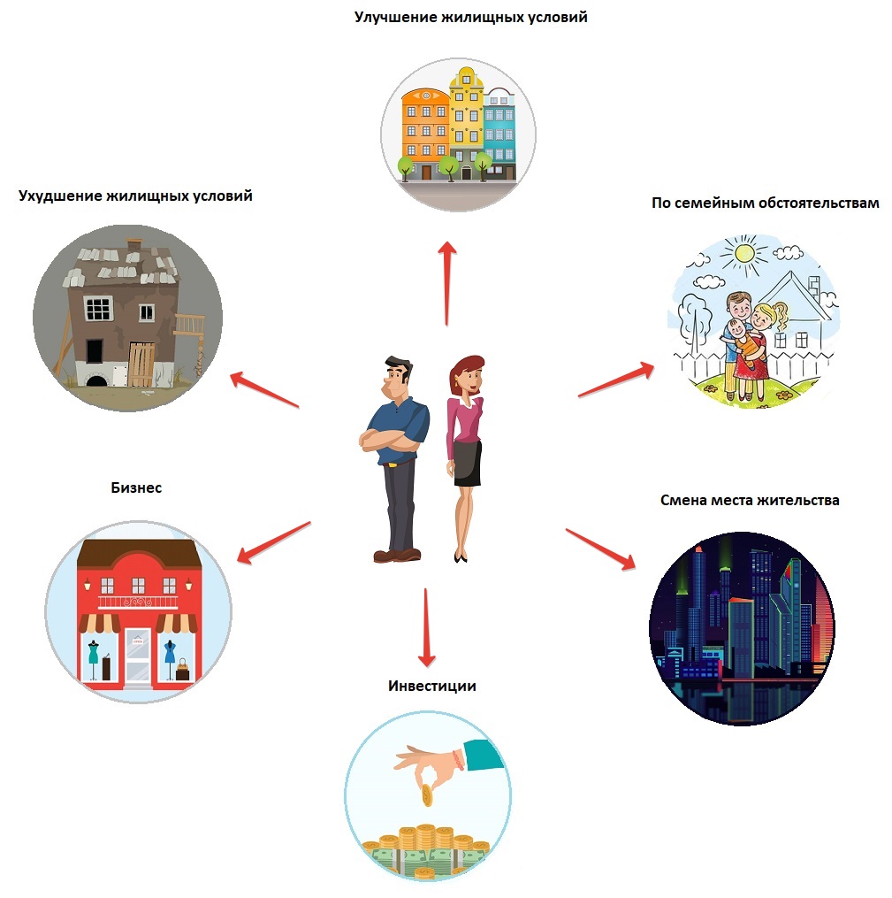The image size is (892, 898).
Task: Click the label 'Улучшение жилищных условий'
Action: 471,17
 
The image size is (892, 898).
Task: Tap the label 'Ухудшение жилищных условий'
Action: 135,196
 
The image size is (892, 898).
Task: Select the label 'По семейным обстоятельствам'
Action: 765,203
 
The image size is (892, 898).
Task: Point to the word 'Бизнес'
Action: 136,487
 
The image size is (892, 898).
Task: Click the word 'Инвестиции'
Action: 432,686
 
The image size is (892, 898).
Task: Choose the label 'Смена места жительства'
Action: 750,500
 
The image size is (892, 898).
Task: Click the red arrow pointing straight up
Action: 447,282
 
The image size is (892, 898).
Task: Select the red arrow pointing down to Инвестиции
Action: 427,627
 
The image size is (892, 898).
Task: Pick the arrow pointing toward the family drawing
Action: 616,380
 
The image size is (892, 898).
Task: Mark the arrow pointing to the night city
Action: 601,549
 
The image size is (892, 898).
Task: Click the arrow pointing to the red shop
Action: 274,541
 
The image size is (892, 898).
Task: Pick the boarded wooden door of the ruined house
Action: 142,365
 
